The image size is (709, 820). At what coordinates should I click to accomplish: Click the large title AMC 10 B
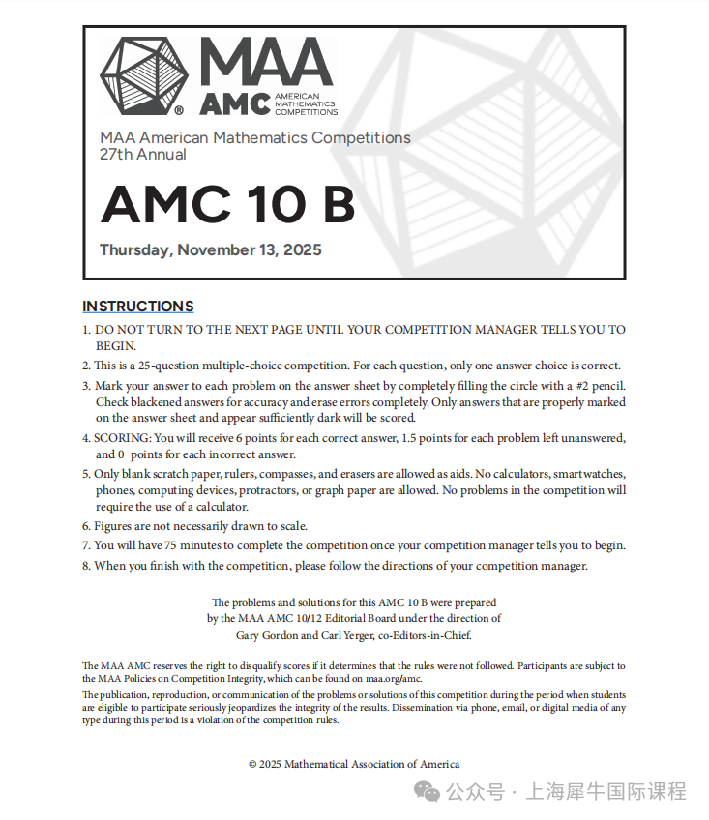(228, 204)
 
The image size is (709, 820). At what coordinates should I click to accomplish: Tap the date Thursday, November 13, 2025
(211, 250)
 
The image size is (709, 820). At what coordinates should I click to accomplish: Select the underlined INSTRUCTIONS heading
(137, 307)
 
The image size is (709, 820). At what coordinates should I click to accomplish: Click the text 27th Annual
(143, 155)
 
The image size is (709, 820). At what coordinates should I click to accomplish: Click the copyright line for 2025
(354, 764)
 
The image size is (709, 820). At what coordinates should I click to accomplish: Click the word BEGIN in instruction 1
(115, 345)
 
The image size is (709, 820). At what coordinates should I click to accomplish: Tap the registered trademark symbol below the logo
(179, 110)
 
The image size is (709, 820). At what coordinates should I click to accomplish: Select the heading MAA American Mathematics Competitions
(255, 138)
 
